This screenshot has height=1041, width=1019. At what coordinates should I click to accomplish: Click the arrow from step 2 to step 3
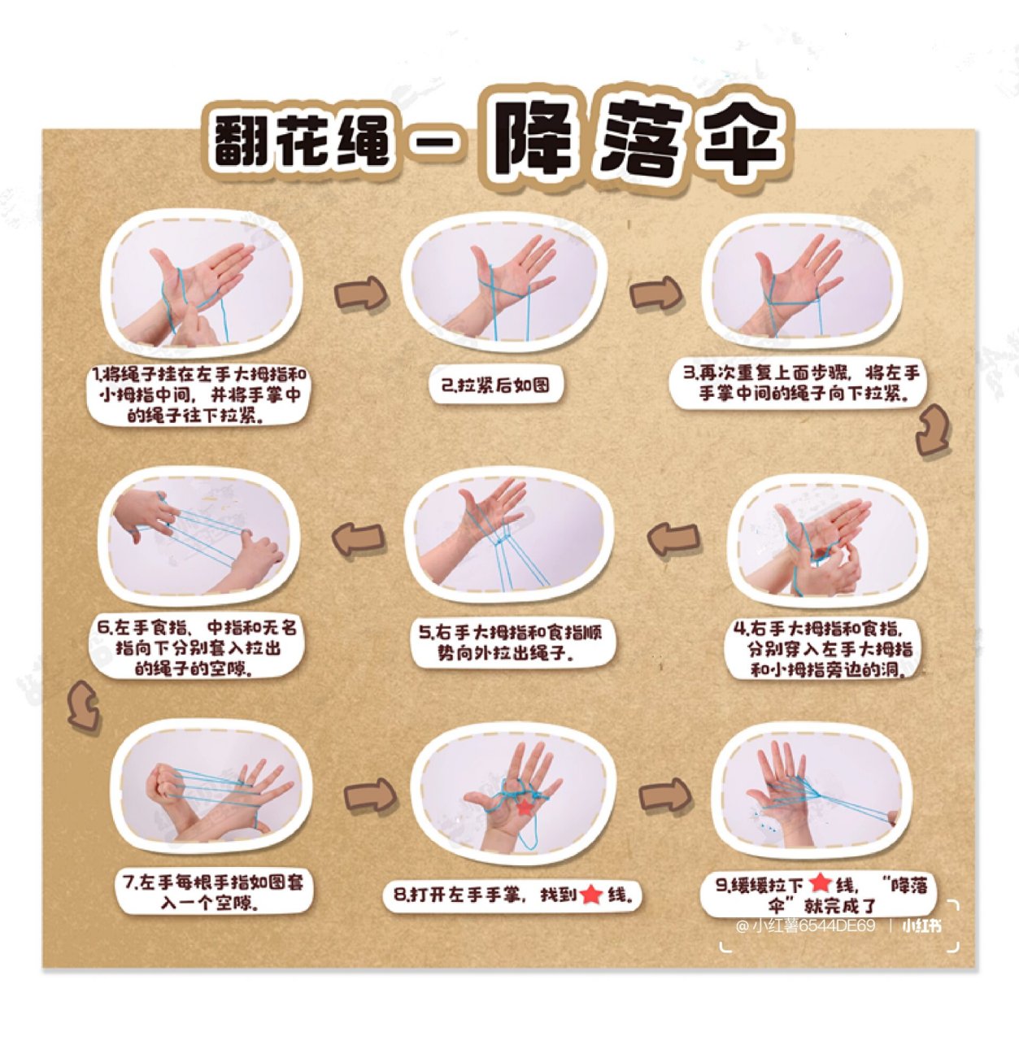click(655, 293)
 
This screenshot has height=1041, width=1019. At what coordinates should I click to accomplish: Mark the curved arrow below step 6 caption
click(83, 705)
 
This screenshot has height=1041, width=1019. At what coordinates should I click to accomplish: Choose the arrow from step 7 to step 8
click(370, 795)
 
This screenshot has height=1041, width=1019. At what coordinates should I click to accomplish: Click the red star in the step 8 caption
click(591, 895)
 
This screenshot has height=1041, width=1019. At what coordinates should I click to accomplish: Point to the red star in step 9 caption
click(820, 883)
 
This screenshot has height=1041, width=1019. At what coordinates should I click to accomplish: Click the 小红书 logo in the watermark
click(921, 926)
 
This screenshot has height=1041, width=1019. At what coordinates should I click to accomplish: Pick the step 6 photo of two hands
click(199, 538)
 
